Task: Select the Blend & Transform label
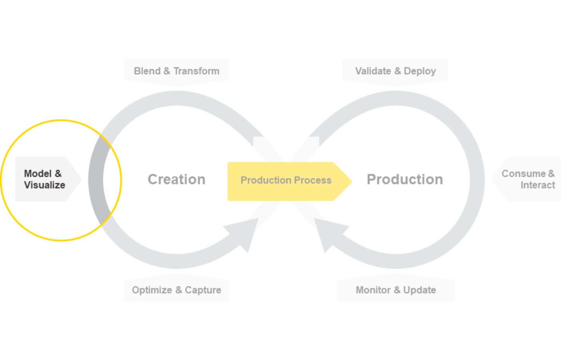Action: pos(176,71)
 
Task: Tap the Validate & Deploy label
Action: pos(395,71)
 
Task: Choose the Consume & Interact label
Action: pos(528,179)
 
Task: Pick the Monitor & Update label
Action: pos(396,290)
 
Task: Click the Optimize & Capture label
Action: pos(176,290)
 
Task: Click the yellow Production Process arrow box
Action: pos(286,181)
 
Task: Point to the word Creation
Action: pos(176,180)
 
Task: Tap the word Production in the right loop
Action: pos(405,180)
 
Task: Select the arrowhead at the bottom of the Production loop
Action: pos(328,234)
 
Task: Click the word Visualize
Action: pos(44,185)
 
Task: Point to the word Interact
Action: pos(538,185)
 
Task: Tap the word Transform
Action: pos(196,71)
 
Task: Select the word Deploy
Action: pos(420,71)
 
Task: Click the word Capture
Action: pos(203,290)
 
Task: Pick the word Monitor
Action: pos(373,290)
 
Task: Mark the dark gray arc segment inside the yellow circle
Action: pos(96,180)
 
